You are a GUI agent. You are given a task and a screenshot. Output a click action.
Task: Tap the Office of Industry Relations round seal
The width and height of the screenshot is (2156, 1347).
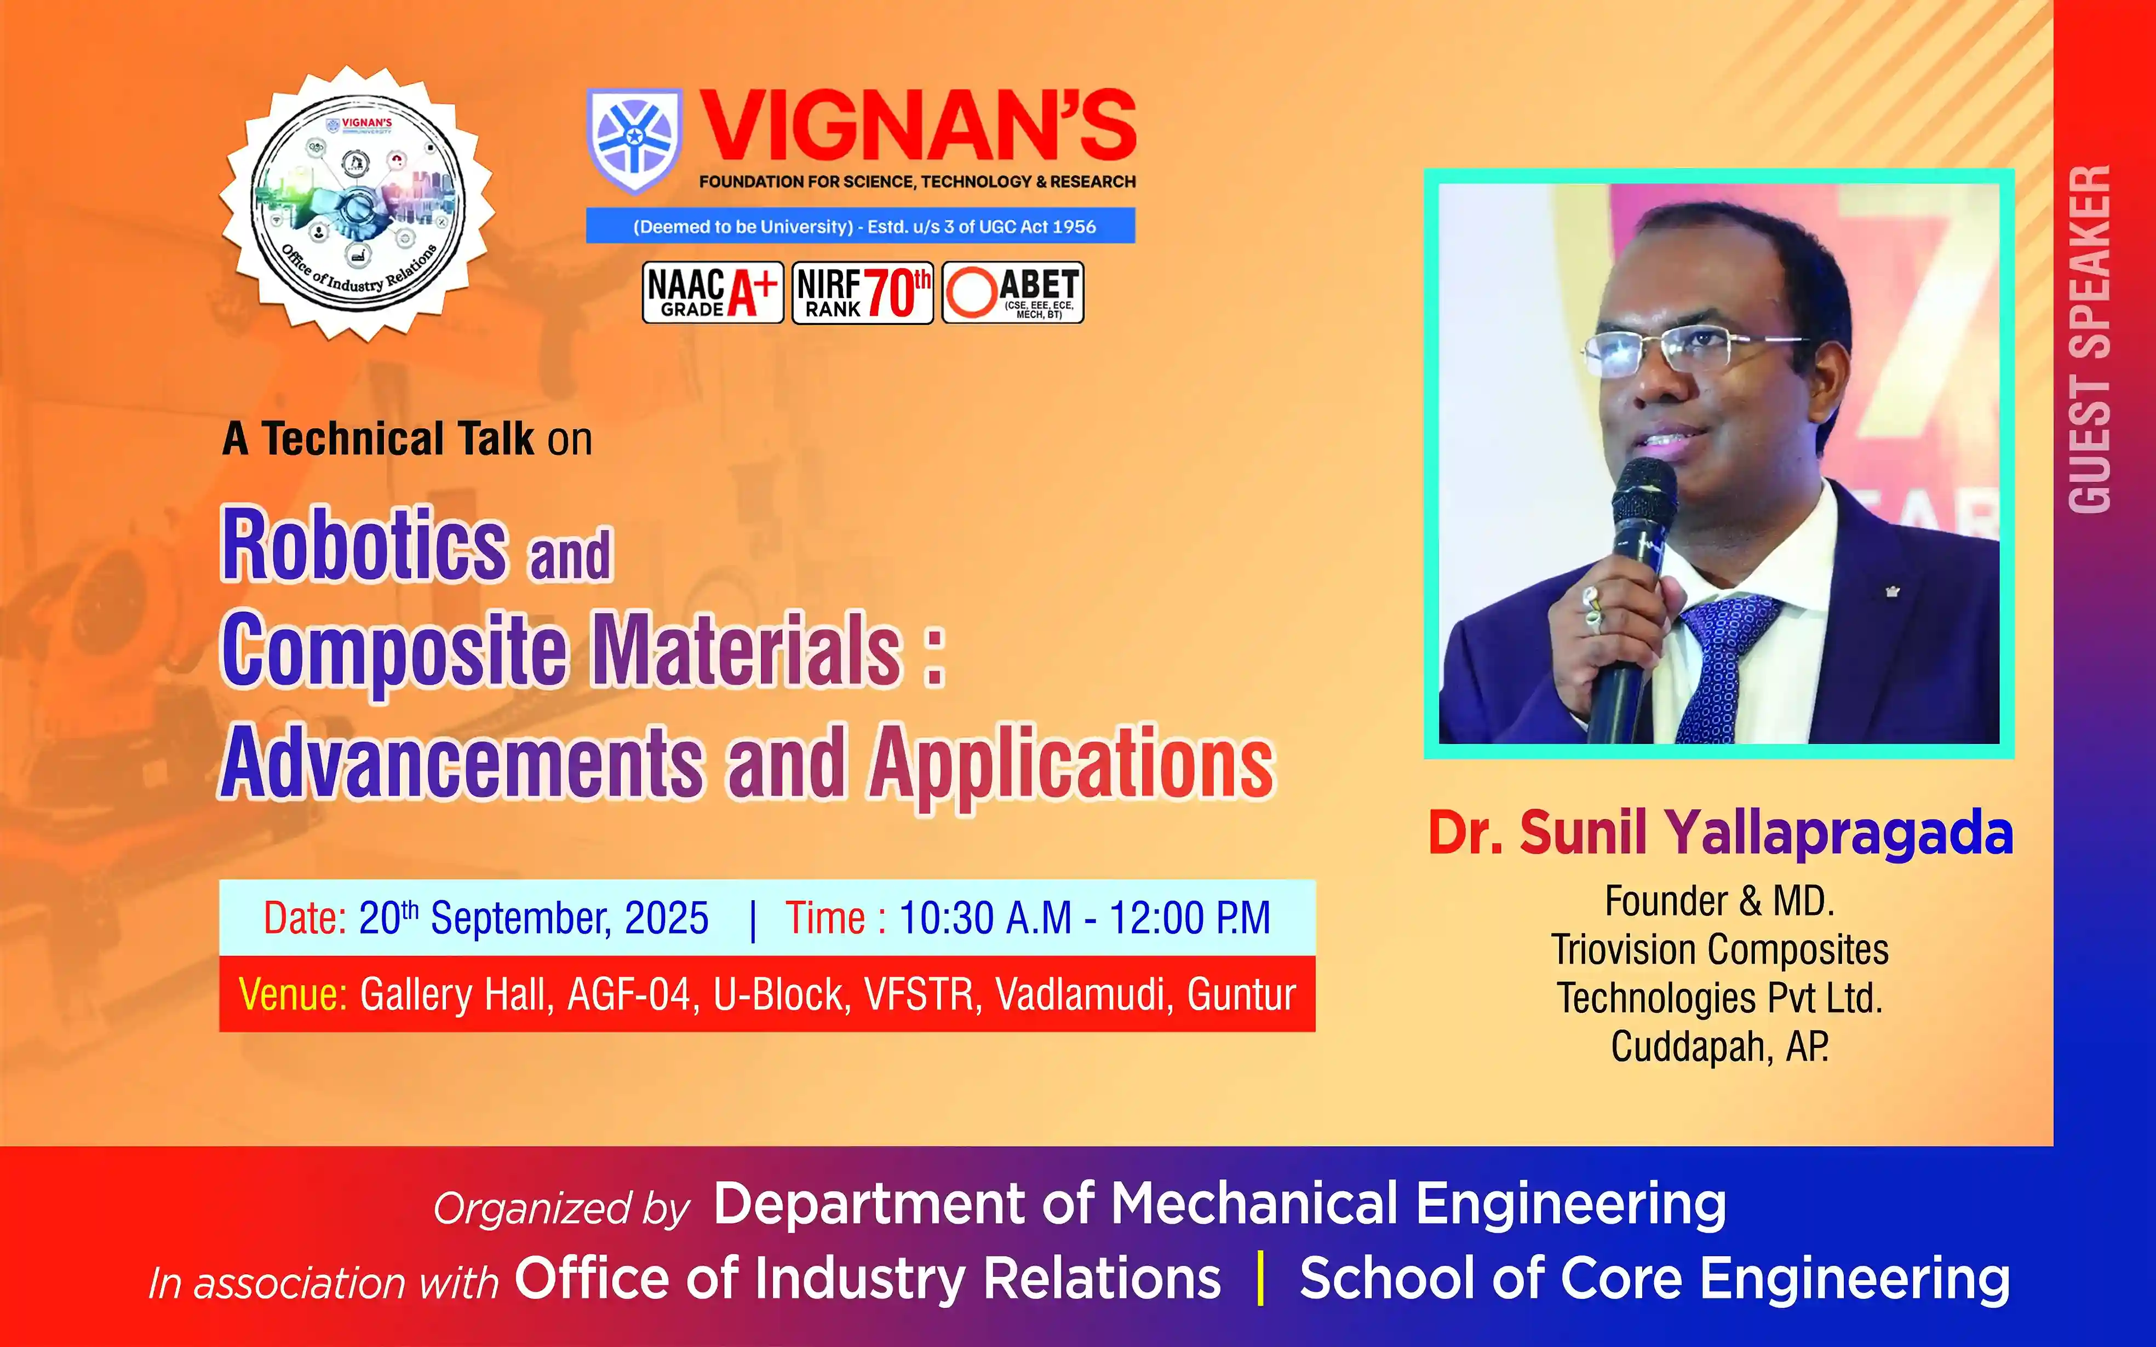357,203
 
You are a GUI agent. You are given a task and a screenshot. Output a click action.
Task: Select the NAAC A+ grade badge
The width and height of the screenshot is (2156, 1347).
713,292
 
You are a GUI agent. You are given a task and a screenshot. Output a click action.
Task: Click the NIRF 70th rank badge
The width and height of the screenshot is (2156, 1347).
862,292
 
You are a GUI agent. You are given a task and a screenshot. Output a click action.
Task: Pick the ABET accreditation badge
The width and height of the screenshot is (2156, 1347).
1013,292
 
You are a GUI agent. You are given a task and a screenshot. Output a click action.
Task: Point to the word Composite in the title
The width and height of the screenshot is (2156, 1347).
394,653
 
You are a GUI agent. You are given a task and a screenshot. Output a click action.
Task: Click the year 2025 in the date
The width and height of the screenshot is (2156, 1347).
667,918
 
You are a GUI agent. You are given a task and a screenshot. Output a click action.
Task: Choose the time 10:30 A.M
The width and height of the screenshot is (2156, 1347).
985,918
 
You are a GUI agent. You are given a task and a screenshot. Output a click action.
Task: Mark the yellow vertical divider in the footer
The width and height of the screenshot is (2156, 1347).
1260,1279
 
